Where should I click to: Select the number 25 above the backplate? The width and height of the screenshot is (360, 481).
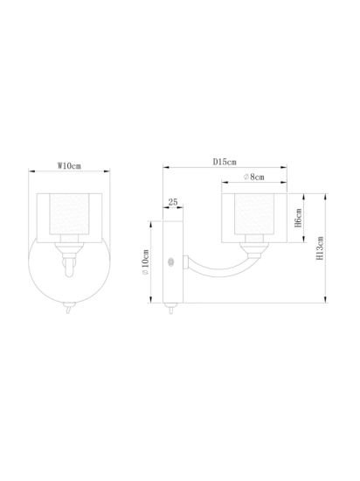pyautogui.click(x=172, y=203)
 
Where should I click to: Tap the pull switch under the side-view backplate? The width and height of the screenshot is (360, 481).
pyautogui.click(x=170, y=307)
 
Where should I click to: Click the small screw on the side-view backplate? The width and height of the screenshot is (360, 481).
pyautogui.click(x=171, y=261)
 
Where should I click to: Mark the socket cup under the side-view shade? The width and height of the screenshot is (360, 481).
pyautogui.click(x=254, y=247)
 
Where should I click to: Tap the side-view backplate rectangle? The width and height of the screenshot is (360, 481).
pyautogui.click(x=172, y=262)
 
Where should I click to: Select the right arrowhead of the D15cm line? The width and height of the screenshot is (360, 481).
pyautogui.click(x=287, y=169)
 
